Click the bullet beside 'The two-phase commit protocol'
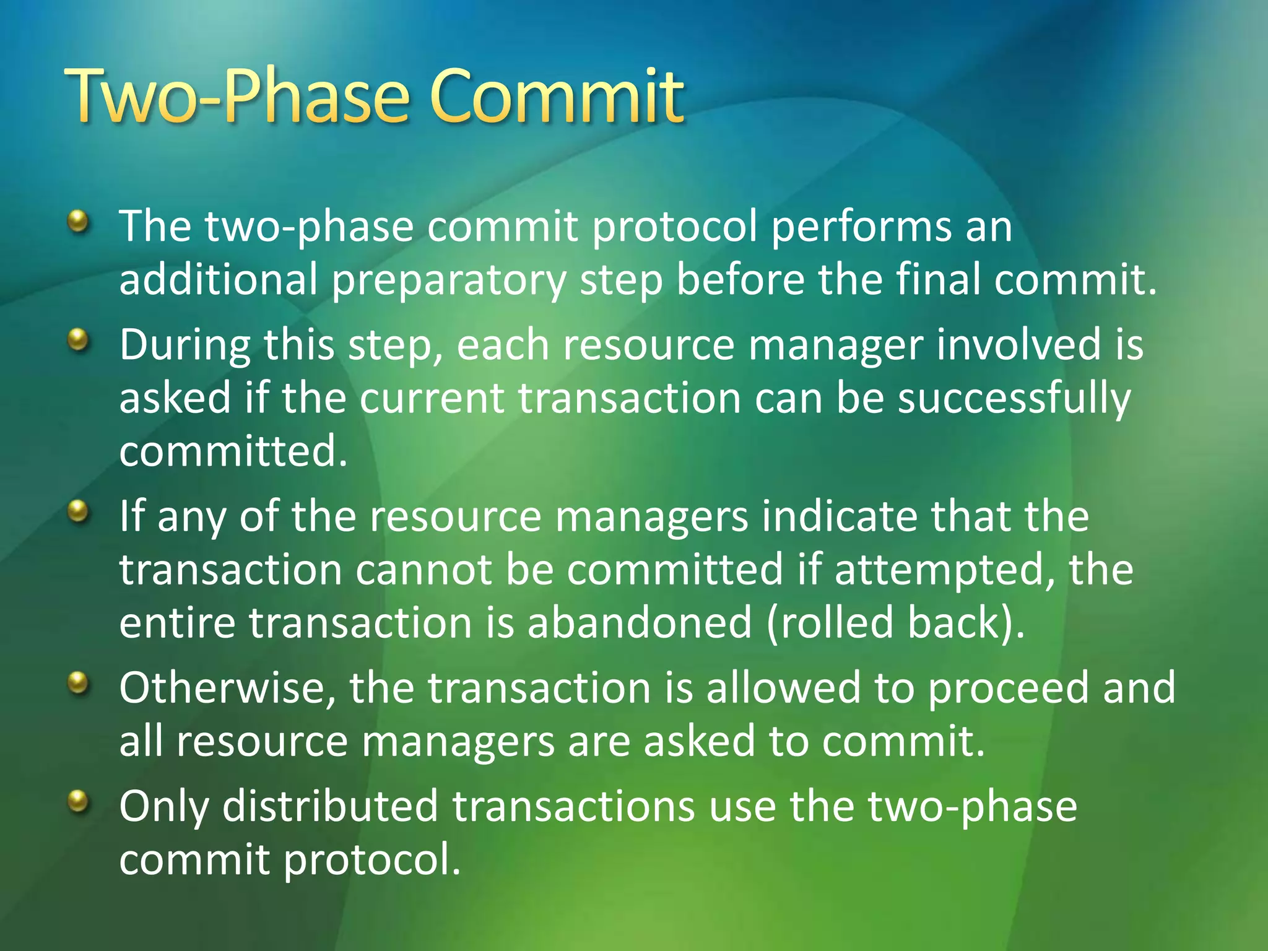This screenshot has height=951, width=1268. click(78, 220)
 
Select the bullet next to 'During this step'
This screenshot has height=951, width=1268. click(78, 339)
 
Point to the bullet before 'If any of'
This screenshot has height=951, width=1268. click(78, 511)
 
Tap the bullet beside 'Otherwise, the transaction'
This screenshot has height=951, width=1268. click(78, 684)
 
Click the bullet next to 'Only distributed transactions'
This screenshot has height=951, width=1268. click(78, 802)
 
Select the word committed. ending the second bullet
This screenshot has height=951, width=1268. click(233, 451)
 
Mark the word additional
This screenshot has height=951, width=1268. click(218, 280)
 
